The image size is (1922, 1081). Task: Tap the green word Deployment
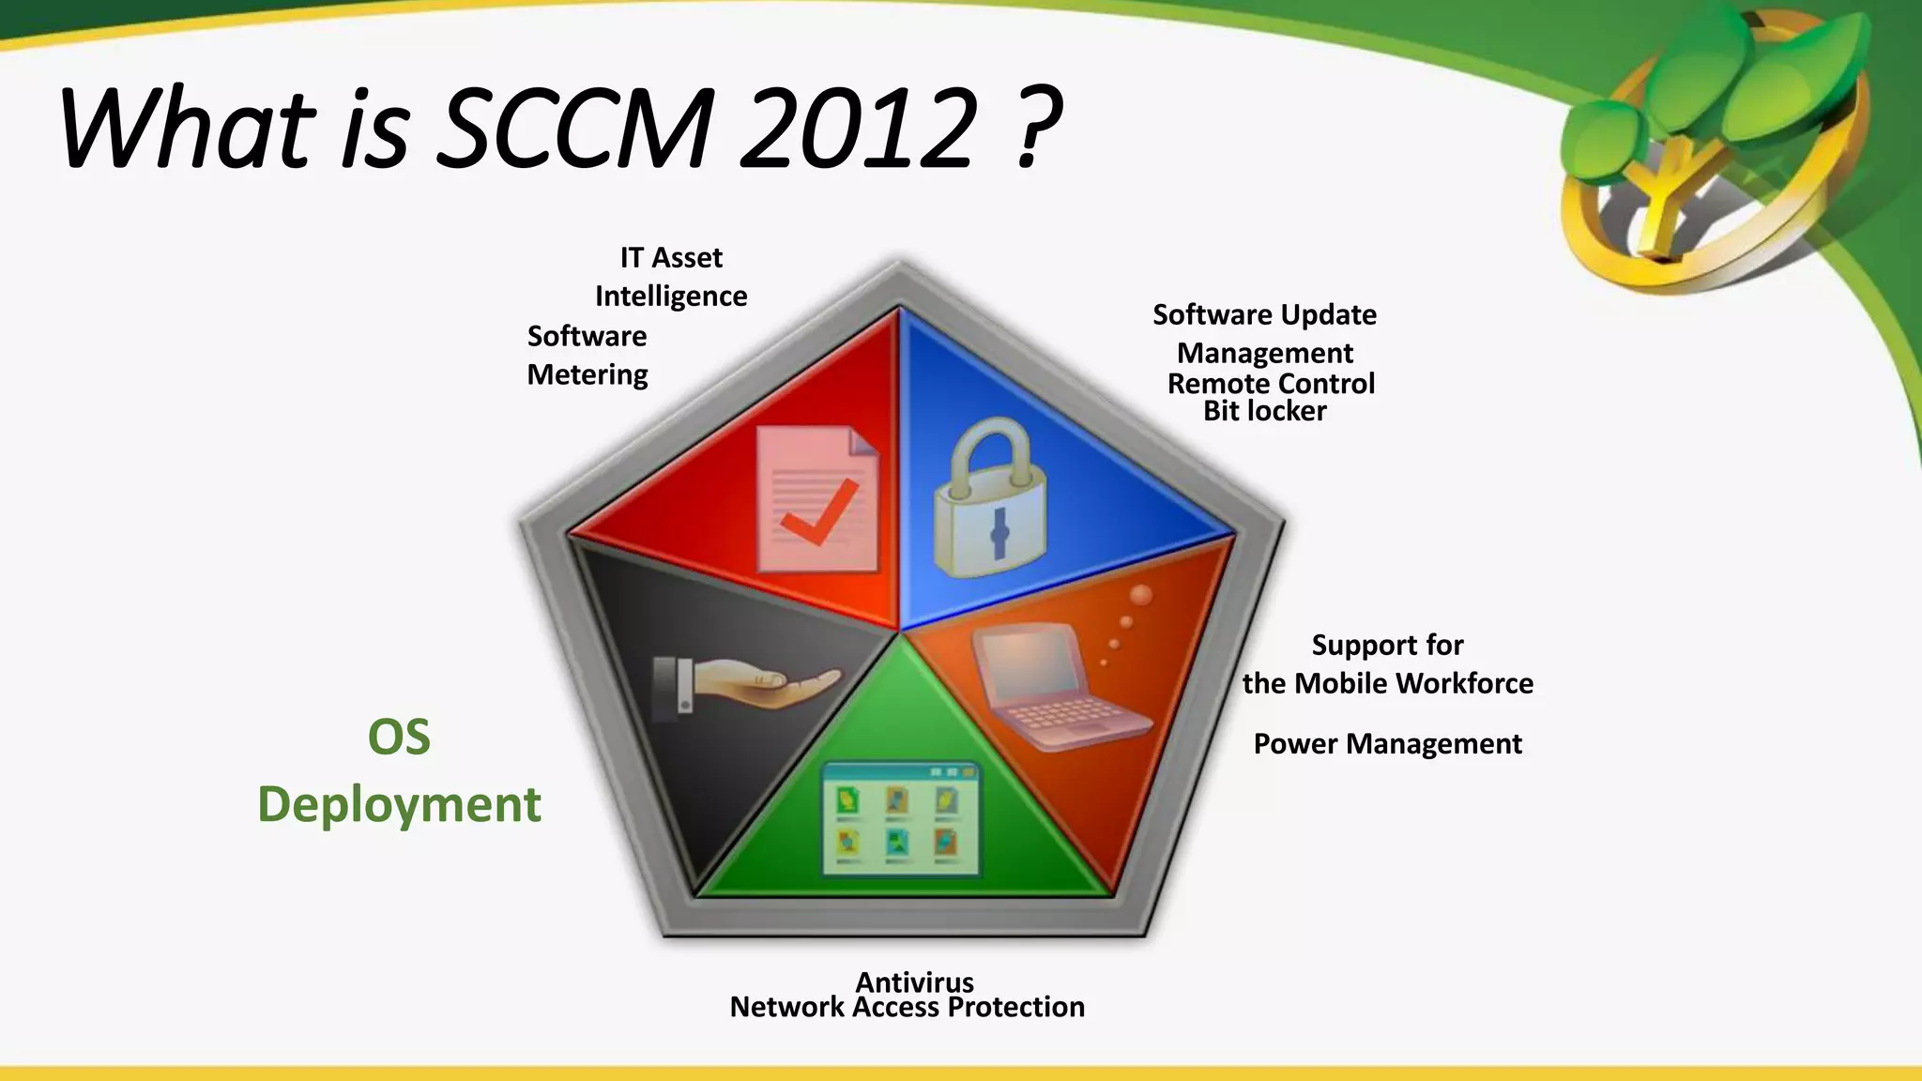(x=399, y=805)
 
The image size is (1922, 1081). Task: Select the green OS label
(x=399, y=738)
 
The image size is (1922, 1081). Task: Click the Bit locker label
(x=1264, y=411)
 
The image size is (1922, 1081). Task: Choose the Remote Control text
(x=1271, y=384)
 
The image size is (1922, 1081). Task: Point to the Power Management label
(x=1387, y=744)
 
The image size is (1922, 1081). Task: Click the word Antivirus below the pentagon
(x=914, y=982)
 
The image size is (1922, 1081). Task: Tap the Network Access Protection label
(x=907, y=1008)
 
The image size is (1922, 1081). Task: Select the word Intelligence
(x=671, y=297)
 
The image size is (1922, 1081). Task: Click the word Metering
(x=587, y=375)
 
